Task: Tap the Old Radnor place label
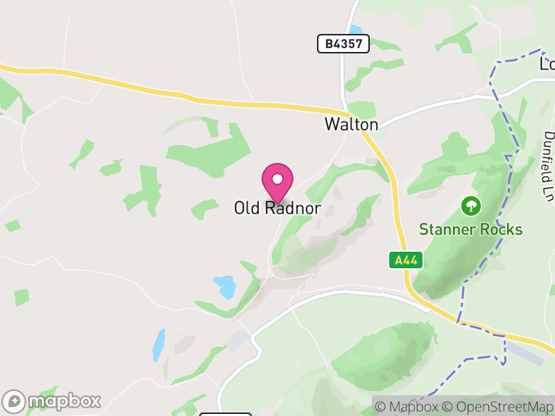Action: click(277, 208)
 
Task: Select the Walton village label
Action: click(352, 125)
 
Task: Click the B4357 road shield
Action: click(343, 44)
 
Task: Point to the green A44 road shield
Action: click(406, 261)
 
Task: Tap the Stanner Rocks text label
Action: click(471, 229)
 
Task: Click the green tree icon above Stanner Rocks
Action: click(471, 205)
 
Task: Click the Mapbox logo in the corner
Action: click(53, 401)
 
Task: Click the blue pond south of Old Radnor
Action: click(225, 285)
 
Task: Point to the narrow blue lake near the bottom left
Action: click(159, 345)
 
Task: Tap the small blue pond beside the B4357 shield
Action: click(356, 30)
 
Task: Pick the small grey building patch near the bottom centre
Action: click(238, 341)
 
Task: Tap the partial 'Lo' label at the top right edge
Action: click(547, 64)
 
